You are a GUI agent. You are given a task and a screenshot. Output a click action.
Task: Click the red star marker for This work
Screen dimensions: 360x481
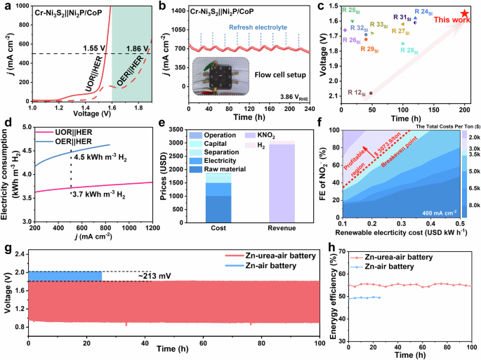[464, 13]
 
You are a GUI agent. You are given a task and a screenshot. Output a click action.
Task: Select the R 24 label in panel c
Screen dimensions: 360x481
[423, 12]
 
